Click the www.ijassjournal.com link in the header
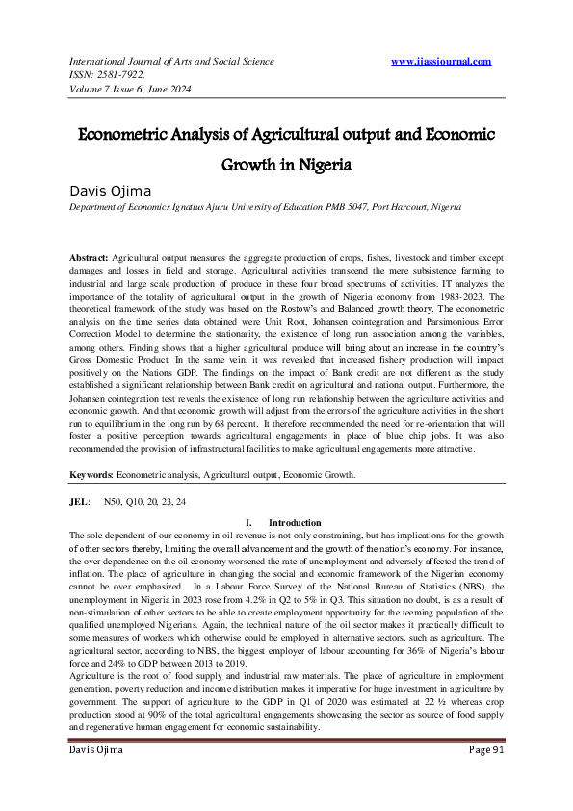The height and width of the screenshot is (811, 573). pyautogui.click(x=442, y=62)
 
